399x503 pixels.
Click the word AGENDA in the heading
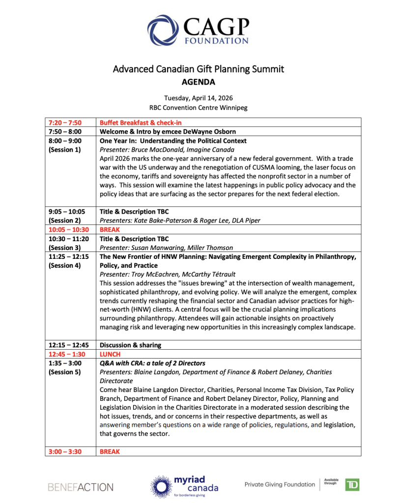pyautogui.click(x=199, y=82)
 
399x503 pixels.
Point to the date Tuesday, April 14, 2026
pyautogui.click(x=199, y=98)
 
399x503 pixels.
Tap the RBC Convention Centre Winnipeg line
pyautogui.click(x=199, y=107)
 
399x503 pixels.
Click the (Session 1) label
pyautogui.click(x=64, y=149)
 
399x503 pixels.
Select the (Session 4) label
pyautogui.click(x=64, y=265)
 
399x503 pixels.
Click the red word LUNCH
pyautogui.click(x=110, y=354)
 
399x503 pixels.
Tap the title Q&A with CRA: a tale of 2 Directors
pyautogui.click(x=152, y=363)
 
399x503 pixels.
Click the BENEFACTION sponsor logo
pyautogui.click(x=81, y=487)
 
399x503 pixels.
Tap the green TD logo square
pyautogui.click(x=352, y=485)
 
